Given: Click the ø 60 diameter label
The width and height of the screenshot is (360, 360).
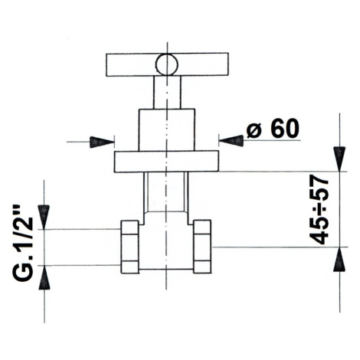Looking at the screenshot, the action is [273, 129].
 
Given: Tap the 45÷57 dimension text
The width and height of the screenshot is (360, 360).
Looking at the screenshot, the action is [319, 209].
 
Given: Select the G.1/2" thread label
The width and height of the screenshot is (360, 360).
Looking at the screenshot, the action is [23, 243].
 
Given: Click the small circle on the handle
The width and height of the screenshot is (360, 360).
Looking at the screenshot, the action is [167, 64].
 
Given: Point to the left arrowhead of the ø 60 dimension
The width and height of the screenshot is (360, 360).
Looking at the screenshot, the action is [102, 142].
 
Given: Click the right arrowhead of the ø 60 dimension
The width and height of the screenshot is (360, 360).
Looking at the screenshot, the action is [231, 141].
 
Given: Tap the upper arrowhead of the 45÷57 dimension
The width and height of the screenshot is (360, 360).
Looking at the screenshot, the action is [339, 159].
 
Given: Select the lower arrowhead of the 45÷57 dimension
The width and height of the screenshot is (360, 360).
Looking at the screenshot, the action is [339, 259].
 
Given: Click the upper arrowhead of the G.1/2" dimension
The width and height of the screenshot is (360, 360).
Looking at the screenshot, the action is [44, 217].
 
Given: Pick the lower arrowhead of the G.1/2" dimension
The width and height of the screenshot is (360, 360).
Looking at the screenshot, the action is [44, 277].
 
